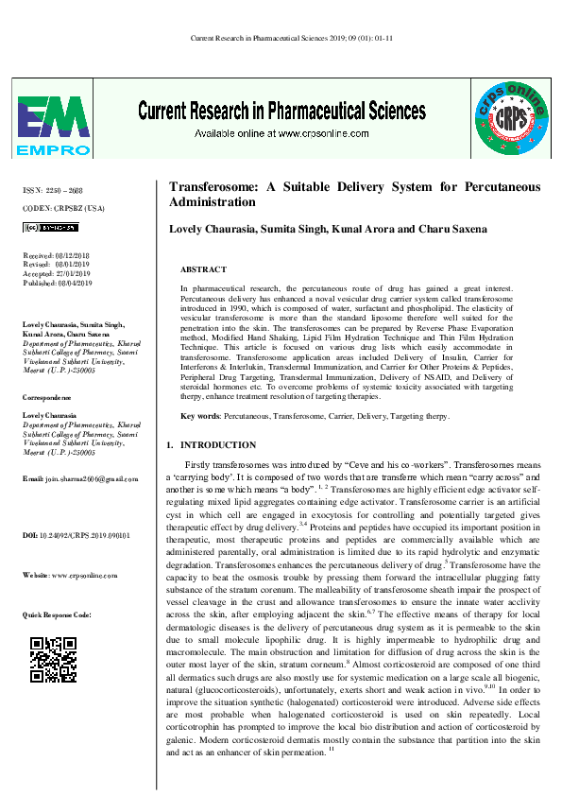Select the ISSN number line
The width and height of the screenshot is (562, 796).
click(52, 190)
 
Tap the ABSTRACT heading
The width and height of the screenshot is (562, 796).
click(202, 269)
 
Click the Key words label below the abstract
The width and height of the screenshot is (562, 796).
click(199, 416)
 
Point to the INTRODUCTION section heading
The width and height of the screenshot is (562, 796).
click(217, 444)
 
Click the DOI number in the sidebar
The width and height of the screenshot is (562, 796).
click(76, 536)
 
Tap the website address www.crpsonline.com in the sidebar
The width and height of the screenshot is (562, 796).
click(74, 575)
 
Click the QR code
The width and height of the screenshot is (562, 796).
click(54, 659)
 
